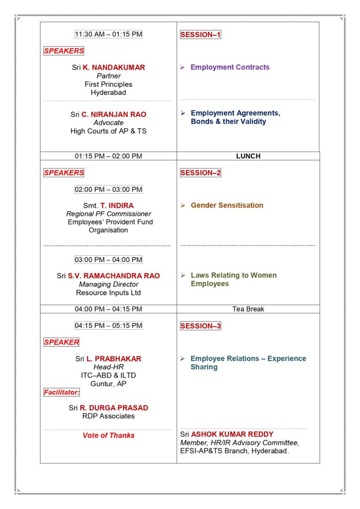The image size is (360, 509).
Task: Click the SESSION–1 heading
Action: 200,35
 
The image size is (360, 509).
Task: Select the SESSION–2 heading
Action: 200,173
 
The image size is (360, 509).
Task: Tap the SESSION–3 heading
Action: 200,326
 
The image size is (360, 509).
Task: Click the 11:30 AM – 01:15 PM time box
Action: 108,34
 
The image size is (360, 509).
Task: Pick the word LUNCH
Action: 248,156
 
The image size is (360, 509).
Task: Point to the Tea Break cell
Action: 248,309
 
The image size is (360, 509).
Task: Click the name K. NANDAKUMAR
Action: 114,68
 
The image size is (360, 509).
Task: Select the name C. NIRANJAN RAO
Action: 114,114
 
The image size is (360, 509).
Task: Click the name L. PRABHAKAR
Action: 114,359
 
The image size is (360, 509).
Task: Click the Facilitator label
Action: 62,392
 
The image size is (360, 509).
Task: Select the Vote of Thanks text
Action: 108,435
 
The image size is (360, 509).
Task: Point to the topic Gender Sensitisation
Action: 227,205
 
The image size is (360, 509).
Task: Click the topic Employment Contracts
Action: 230,68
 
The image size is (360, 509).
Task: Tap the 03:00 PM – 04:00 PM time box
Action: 108,259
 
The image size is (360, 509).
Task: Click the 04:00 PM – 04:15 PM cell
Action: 108,309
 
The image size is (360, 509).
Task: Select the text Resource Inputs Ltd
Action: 108,293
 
